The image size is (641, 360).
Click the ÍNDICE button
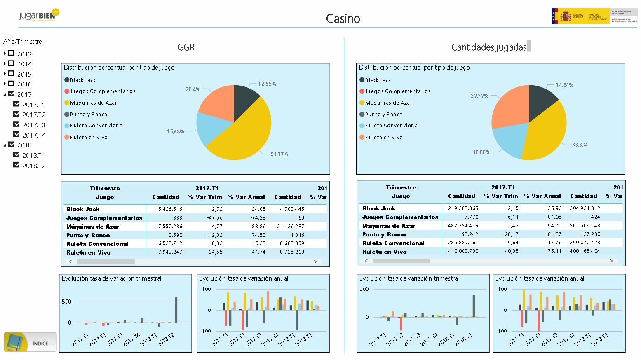click(30, 342)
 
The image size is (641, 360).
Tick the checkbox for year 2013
click(11, 54)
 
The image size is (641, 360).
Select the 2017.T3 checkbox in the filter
click(16, 124)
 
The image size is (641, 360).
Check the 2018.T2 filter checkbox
click(16, 165)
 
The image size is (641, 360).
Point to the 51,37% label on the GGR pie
click(279, 154)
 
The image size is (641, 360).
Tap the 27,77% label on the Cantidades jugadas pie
click(479, 96)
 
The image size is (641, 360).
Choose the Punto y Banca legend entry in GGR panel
click(88, 114)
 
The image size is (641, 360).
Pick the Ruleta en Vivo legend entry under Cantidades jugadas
click(383, 137)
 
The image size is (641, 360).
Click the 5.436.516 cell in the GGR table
click(170, 209)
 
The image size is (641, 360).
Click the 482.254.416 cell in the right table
click(463, 226)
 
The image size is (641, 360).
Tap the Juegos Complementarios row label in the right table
click(400, 217)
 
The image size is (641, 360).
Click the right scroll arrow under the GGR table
click(316, 262)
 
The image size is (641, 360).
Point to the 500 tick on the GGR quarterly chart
click(66, 302)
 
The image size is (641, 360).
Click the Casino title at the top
click(343, 19)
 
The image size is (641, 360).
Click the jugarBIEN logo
click(39, 15)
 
